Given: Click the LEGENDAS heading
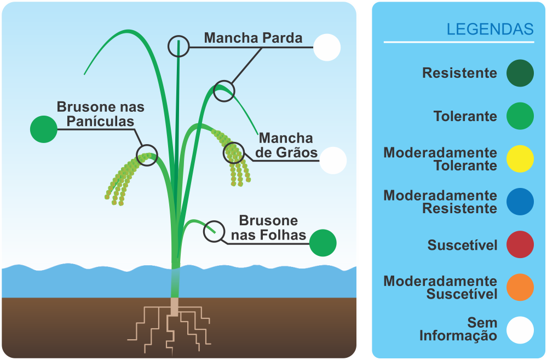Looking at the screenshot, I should [490, 29].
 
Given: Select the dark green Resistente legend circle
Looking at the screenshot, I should [520, 73].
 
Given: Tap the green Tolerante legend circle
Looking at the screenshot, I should [520, 116].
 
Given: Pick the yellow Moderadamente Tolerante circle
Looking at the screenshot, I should [520, 159].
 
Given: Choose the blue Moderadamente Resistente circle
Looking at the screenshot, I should [520, 202].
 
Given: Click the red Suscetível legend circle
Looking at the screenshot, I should [520, 244].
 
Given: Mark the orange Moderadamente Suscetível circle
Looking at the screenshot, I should [520, 287].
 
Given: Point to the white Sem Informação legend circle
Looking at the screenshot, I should [520, 330].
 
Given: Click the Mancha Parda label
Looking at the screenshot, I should [253, 38].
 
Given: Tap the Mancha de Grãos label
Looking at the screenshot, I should [286, 145].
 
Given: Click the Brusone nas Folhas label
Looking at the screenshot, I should [268, 228].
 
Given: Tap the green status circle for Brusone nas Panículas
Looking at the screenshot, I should [44, 129].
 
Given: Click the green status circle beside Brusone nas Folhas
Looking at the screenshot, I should [323, 243].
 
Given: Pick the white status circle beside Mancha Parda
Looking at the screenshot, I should [327, 47].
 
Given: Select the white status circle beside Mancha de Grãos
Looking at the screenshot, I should [333, 161].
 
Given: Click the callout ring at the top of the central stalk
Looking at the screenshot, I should [179, 47].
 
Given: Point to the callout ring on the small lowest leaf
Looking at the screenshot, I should [214, 232].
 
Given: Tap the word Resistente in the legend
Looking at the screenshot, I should [459, 73].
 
